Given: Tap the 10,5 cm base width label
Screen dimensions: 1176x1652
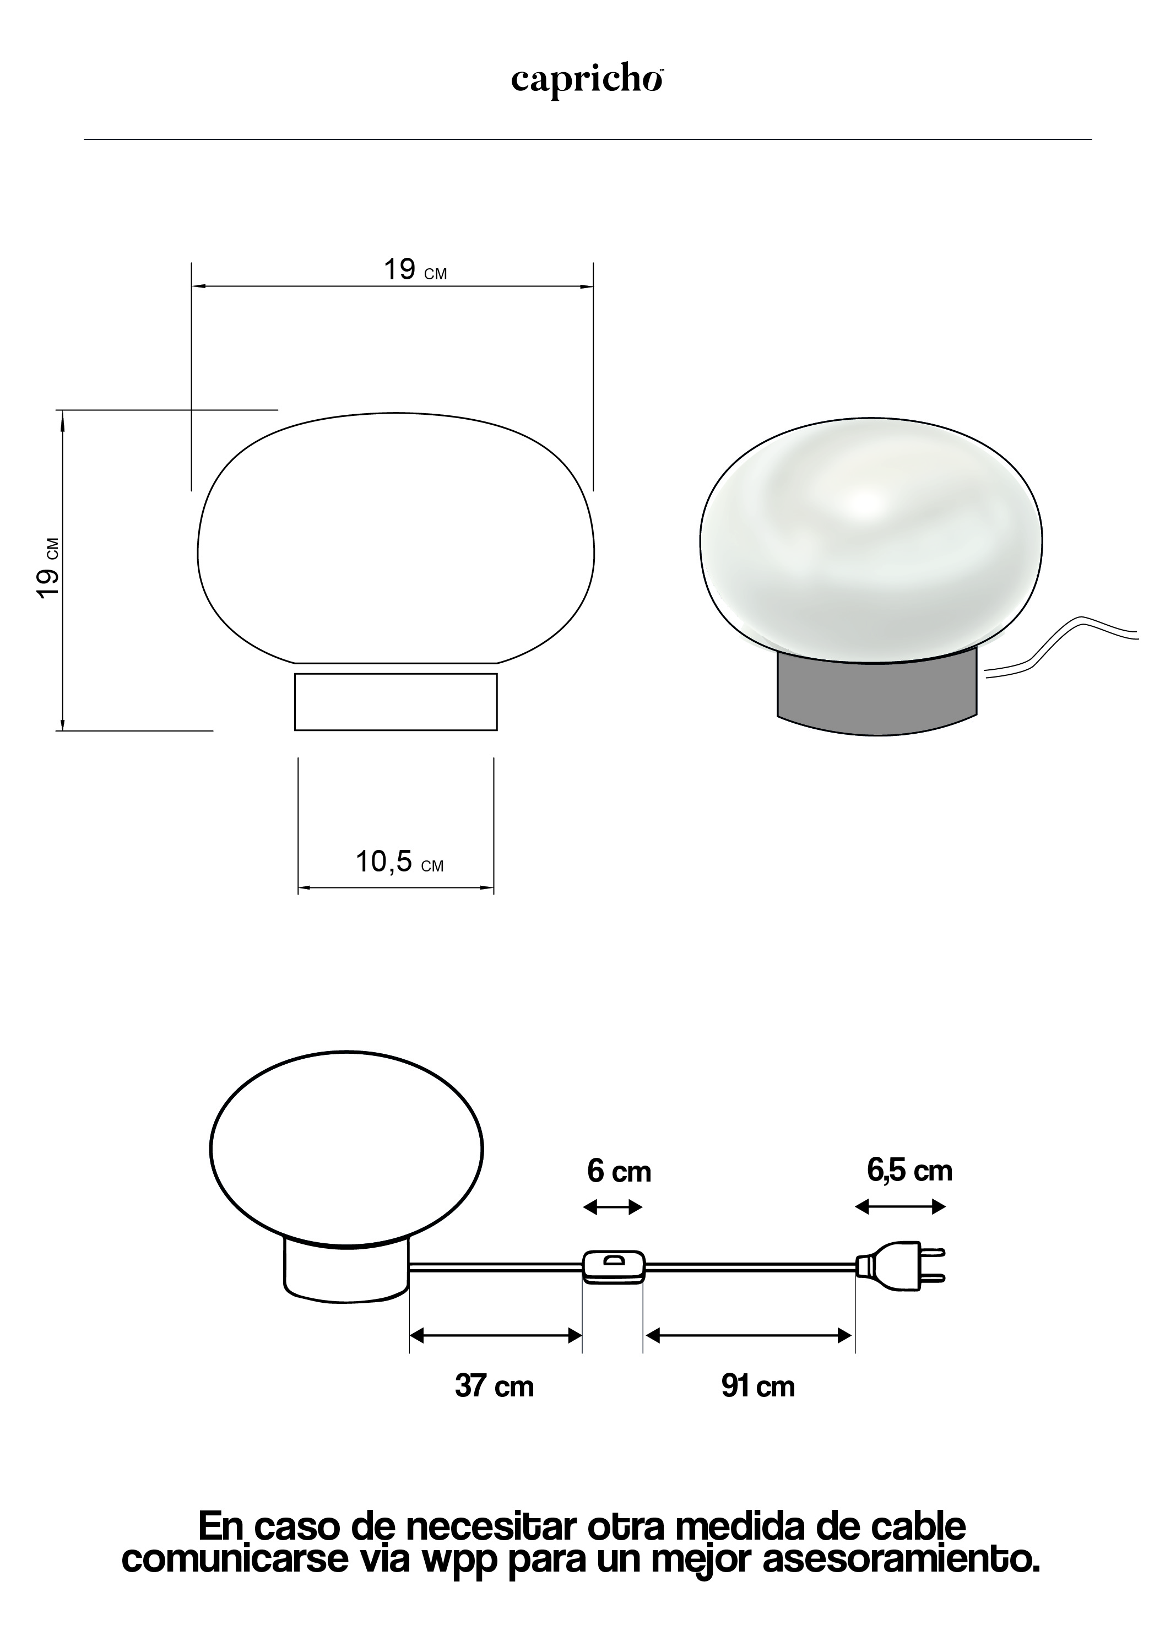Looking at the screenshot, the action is [x=399, y=862].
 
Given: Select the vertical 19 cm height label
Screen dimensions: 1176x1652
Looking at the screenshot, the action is [x=48, y=568].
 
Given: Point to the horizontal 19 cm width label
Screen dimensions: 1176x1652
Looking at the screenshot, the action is [x=415, y=269].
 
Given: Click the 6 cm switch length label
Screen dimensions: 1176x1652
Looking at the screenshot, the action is [x=619, y=1171].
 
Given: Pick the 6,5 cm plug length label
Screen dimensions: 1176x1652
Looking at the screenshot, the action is [x=909, y=1171].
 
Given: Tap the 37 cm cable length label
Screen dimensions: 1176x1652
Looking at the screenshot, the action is [x=495, y=1386].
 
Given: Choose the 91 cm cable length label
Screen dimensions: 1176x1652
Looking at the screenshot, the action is [x=758, y=1386].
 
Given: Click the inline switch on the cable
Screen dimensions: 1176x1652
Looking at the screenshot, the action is [x=614, y=1267].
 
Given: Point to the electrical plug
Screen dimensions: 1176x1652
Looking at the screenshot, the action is [x=901, y=1265].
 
